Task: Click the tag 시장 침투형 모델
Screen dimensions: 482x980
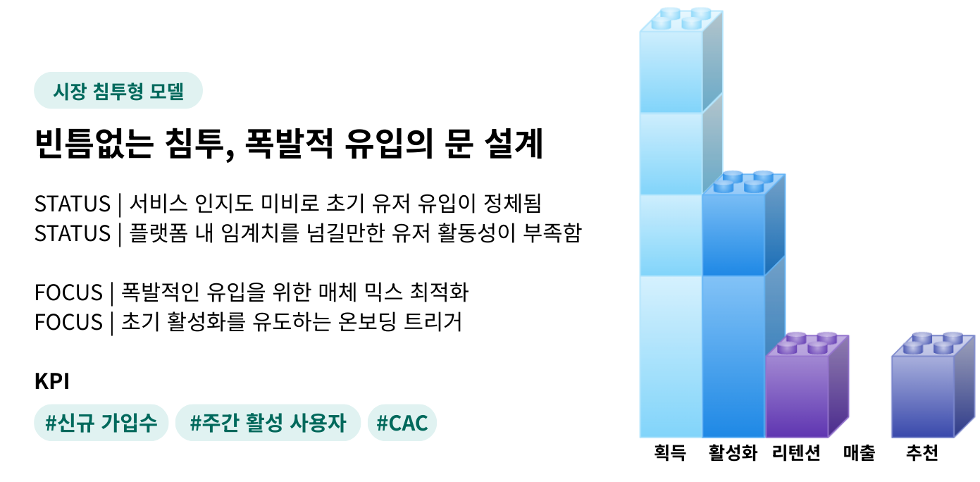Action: coord(118,91)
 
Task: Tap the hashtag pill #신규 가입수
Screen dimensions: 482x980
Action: coord(101,423)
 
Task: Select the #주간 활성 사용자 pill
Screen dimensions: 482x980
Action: coord(268,423)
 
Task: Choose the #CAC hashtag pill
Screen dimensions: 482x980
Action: coord(402,423)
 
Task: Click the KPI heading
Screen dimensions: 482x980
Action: coord(51,381)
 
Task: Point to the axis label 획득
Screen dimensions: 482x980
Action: coord(670,453)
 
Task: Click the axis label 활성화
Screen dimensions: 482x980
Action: coord(733,453)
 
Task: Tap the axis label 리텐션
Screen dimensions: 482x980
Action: coord(796,453)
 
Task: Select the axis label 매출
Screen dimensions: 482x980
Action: coord(859,453)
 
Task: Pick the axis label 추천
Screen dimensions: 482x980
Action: coord(922,453)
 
